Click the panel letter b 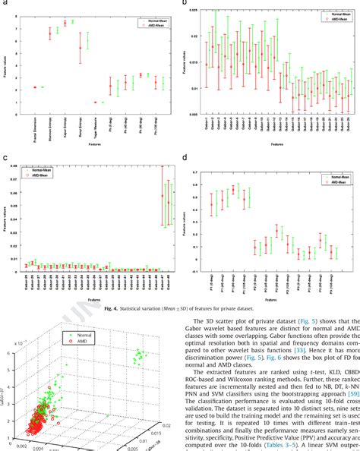click(x=184, y=4)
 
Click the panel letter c click(x=5, y=160)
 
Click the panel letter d click(x=184, y=160)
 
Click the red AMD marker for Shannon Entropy click(x=50, y=33)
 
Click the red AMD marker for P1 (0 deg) click(x=211, y=205)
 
